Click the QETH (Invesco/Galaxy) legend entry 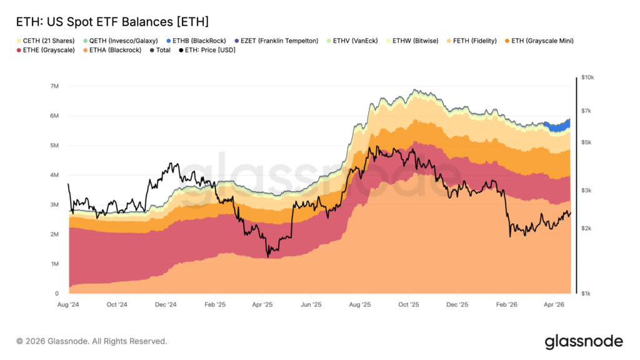coord(116,41)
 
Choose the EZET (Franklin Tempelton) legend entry coord(279,41)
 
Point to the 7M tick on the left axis coord(54,86)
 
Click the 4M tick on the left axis coord(54,175)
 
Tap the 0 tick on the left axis coord(57,294)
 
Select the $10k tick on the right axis coord(587,77)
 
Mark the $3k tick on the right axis coord(586,191)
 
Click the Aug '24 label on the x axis coord(69,305)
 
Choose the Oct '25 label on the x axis coord(408,305)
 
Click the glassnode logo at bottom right coord(583,341)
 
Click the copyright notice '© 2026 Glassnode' coord(92,341)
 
